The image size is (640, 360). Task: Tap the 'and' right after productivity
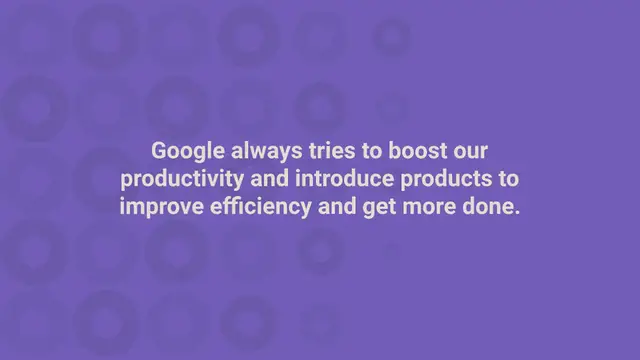[x=263, y=179]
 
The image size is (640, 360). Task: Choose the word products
[x=439, y=180]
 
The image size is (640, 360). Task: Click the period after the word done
[x=517, y=213]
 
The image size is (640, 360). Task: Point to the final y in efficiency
[x=296, y=210]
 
